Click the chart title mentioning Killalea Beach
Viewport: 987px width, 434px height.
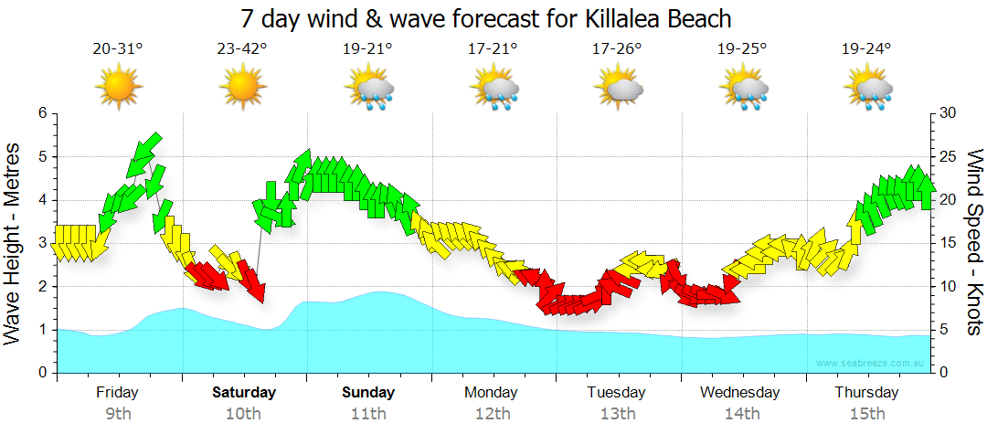pos(487,18)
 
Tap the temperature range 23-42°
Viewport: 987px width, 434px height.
pos(242,50)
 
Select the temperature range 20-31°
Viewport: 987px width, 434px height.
pos(118,50)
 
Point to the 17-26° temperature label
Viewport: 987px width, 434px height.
pos(617,50)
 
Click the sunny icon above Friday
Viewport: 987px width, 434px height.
pos(118,88)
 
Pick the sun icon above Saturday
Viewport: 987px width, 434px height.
pos(242,88)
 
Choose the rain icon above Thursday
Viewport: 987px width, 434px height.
pos(869,90)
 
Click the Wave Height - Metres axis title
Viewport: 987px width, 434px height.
pos(15,243)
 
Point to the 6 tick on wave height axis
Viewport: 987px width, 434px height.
pos(40,113)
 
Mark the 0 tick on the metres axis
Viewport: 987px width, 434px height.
pos(40,373)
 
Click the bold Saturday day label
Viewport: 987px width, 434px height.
pos(244,393)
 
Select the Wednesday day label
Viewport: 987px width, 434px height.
pos(740,393)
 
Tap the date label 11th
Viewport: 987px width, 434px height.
pos(368,414)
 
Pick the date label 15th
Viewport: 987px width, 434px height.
pos(866,414)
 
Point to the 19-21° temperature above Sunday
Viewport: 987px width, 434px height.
pos(368,50)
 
